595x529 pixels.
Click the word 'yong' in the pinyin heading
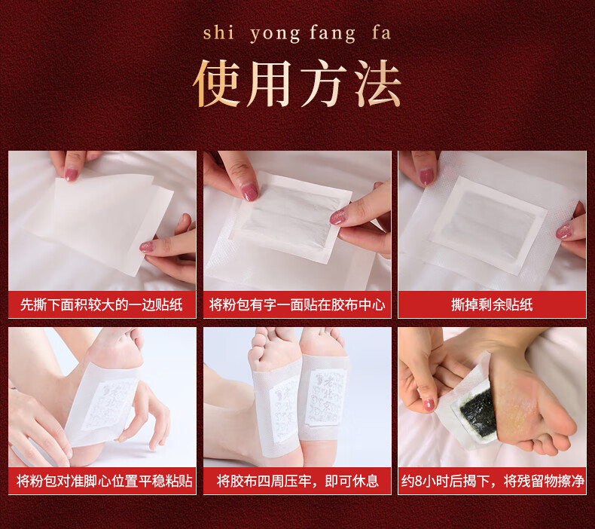click(x=275, y=34)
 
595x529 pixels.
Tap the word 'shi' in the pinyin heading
click(x=218, y=32)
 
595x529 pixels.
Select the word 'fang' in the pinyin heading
click(x=332, y=34)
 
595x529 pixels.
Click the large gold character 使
click(x=216, y=84)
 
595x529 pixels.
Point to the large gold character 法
click(x=377, y=84)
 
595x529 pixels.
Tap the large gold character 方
click(x=324, y=84)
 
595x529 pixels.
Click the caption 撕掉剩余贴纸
click(x=492, y=305)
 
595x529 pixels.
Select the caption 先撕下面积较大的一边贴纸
click(x=102, y=305)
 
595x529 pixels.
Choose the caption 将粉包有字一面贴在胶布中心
click(x=297, y=305)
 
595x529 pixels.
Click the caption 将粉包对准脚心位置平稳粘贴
click(x=105, y=482)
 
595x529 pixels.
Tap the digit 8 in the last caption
click(x=419, y=482)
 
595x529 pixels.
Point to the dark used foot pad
click(x=478, y=414)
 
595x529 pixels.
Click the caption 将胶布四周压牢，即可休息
click(x=297, y=482)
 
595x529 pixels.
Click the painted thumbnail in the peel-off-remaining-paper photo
click(x=426, y=176)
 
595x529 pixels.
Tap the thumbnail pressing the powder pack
click(x=250, y=191)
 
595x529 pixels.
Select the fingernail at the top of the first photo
click(x=72, y=174)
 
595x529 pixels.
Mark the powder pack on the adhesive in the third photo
click(x=488, y=224)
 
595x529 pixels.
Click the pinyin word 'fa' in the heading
click(x=381, y=32)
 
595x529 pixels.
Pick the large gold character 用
click(x=270, y=84)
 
